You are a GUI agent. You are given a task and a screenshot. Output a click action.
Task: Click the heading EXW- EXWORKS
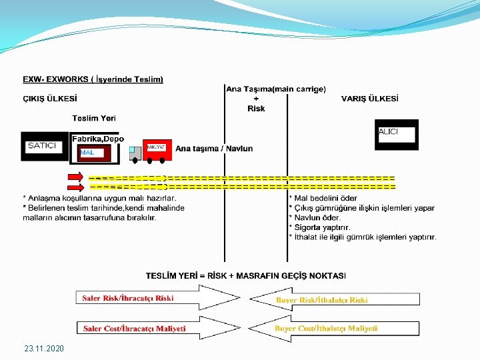click(x=93, y=79)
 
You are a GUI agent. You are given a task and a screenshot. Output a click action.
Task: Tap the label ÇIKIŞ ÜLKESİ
click(x=49, y=99)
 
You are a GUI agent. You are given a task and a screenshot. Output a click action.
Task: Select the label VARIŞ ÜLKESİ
click(x=370, y=99)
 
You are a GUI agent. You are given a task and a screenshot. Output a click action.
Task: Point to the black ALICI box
click(x=397, y=133)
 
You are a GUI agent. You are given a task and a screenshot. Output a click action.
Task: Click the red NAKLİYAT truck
click(x=157, y=150)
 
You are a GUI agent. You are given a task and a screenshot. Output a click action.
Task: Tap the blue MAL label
click(x=87, y=153)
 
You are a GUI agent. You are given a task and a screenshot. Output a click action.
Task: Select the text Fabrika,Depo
click(x=97, y=139)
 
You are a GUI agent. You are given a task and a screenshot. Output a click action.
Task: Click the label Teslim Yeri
click(x=93, y=119)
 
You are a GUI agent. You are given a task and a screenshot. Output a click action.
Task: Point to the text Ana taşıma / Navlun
click(x=214, y=149)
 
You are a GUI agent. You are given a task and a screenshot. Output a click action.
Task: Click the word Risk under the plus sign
click(x=256, y=109)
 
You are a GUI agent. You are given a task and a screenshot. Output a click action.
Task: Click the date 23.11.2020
click(x=44, y=349)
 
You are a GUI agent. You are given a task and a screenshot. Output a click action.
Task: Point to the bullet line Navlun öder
click(x=317, y=217)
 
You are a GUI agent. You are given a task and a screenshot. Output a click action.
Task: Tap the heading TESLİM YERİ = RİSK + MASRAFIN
click(x=246, y=275)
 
